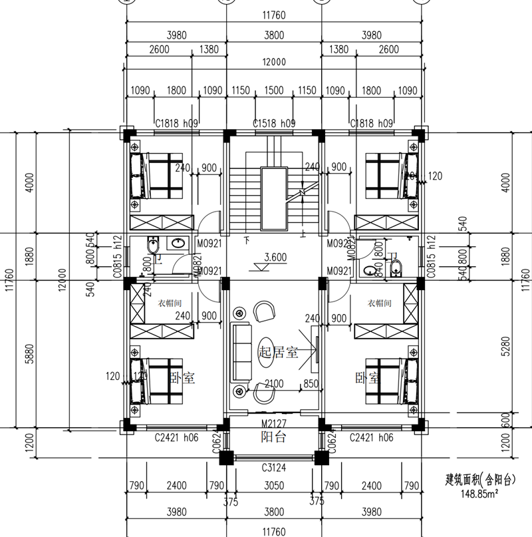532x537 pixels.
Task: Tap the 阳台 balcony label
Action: click(x=273, y=437)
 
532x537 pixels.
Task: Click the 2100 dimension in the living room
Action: click(x=273, y=385)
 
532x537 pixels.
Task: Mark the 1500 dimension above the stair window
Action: click(x=274, y=90)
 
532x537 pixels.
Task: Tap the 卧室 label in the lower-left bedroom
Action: click(x=182, y=379)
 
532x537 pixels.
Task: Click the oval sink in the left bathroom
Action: click(x=179, y=244)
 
